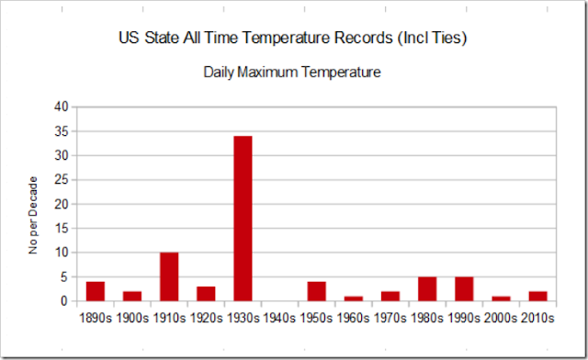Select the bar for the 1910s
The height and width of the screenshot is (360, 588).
click(x=169, y=276)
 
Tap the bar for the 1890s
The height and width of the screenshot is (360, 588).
click(x=96, y=291)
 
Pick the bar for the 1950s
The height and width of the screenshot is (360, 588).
click(x=316, y=291)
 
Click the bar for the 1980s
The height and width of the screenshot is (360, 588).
click(x=427, y=289)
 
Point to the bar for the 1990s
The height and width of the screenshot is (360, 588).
click(x=464, y=289)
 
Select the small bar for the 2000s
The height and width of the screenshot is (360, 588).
click(x=501, y=298)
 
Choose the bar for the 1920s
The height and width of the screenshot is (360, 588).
click(x=206, y=294)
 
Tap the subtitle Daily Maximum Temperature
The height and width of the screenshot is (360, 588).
click(x=292, y=71)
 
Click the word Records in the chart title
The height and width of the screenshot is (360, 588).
click(x=370, y=39)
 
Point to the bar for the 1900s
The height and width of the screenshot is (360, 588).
click(x=132, y=296)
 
